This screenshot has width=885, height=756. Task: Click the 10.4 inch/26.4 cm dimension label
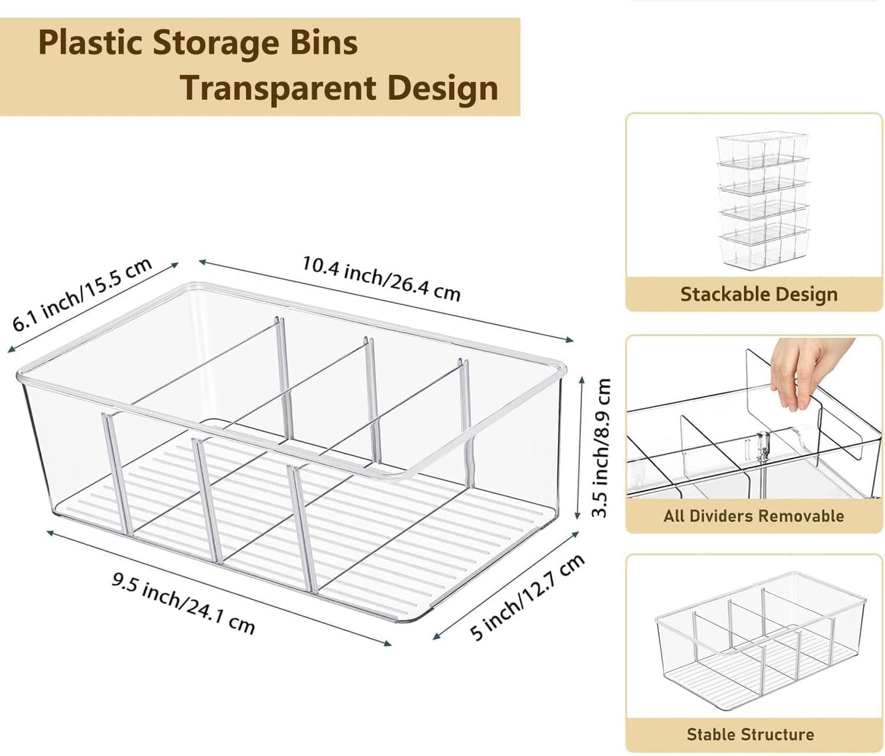click(x=380, y=279)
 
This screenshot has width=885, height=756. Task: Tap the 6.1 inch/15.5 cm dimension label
click(x=83, y=294)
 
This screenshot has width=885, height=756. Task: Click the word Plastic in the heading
click(x=91, y=43)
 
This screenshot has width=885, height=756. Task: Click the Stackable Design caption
click(x=758, y=294)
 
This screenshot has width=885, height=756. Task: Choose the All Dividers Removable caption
click(x=753, y=515)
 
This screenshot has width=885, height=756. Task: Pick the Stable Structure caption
click(x=750, y=734)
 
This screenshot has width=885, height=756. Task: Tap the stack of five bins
click(x=763, y=201)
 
